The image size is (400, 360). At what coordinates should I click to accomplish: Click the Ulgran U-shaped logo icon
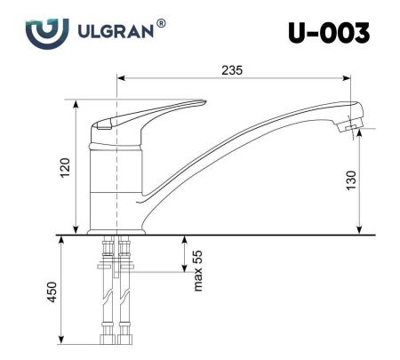pyautogui.click(x=45, y=32)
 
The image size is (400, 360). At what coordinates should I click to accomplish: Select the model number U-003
pyautogui.click(x=328, y=33)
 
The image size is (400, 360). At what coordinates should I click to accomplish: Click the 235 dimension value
pyautogui.click(x=233, y=70)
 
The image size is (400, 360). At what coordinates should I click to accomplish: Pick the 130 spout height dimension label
pyautogui.click(x=351, y=180)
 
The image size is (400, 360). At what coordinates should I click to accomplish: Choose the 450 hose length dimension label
pyautogui.click(x=52, y=291)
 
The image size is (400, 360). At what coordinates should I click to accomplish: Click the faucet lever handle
pyautogui.click(x=151, y=113)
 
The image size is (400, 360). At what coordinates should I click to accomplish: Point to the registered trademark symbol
pyautogui.click(x=161, y=22)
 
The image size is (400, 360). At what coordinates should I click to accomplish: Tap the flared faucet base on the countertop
pyautogui.click(x=116, y=229)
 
